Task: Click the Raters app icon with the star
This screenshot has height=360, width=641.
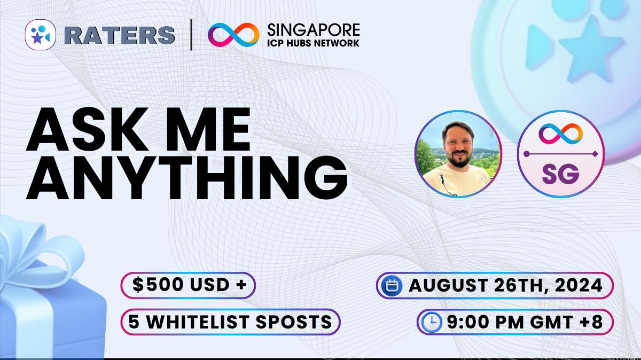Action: click(x=41, y=35)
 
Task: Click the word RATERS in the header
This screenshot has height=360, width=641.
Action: click(x=121, y=35)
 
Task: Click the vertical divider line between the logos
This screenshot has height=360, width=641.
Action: click(x=191, y=35)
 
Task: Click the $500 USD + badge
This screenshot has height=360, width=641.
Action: click(x=188, y=286)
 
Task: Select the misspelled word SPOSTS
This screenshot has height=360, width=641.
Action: click(x=291, y=322)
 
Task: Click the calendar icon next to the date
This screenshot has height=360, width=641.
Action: click(x=393, y=286)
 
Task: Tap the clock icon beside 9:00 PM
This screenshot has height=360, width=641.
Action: click(x=431, y=323)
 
